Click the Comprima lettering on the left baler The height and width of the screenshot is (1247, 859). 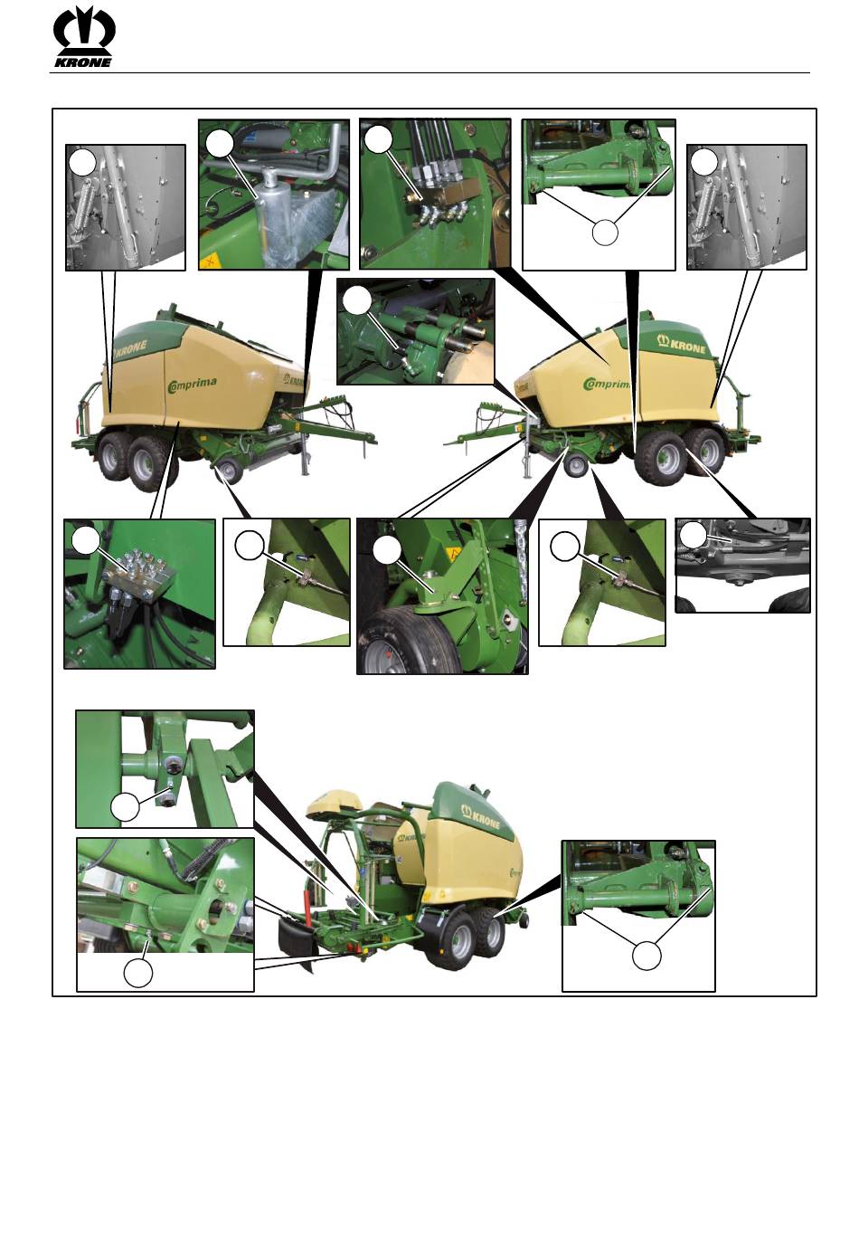(192, 384)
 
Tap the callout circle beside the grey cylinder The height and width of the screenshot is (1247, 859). (219, 144)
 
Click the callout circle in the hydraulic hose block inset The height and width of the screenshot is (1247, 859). (379, 139)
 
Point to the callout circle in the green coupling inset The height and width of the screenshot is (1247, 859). (356, 301)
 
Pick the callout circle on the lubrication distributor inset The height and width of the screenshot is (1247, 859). (87, 541)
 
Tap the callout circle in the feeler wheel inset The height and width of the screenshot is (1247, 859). (387, 549)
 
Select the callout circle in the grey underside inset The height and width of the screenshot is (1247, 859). (694, 535)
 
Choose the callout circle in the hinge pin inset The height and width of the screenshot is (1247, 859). (125, 806)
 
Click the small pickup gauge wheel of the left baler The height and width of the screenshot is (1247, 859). (229, 471)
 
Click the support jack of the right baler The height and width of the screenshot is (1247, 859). (526, 451)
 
